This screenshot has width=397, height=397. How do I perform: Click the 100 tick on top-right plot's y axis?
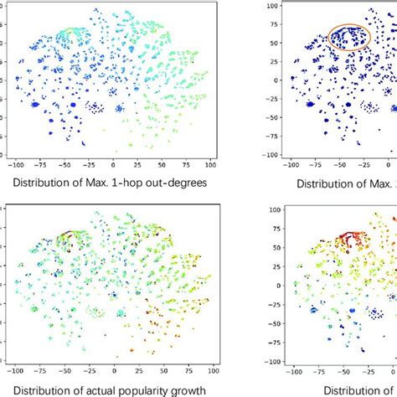point(272,7)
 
